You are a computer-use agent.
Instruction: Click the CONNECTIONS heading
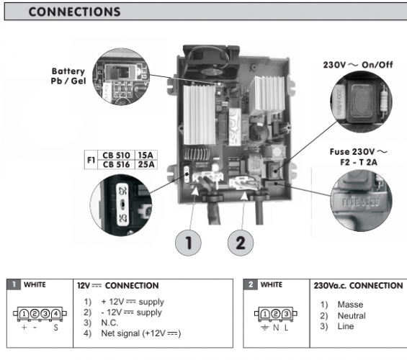pos(69,12)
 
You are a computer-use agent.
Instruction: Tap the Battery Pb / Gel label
pos(68,76)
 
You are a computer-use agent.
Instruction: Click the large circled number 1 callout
pos(187,243)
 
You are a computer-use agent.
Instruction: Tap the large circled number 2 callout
pos(240,243)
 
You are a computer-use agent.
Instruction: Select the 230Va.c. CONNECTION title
pos(358,286)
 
